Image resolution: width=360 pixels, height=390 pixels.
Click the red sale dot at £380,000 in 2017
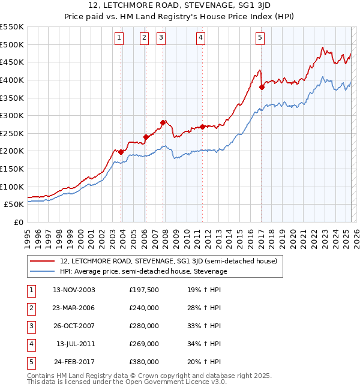(x=262, y=87)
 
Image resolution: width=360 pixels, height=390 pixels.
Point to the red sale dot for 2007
(x=163, y=122)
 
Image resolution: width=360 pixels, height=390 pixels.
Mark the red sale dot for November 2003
(x=121, y=152)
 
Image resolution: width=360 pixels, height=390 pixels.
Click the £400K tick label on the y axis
(x=12, y=80)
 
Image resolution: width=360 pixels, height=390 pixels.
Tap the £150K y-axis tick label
(x=12, y=169)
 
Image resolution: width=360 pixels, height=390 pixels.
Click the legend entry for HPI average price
(x=143, y=271)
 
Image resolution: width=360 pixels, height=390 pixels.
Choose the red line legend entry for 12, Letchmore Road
(x=168, y=261)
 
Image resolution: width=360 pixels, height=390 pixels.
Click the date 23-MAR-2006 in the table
(x=74, y=308)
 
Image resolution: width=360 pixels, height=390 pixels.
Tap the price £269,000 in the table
(x=144, y=344)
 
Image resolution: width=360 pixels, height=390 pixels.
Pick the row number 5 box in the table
(x=30, y=362)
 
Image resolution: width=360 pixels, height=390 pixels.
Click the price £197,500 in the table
(x=144, y=290)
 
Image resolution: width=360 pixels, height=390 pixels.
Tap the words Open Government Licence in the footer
(x=175, y=382)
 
